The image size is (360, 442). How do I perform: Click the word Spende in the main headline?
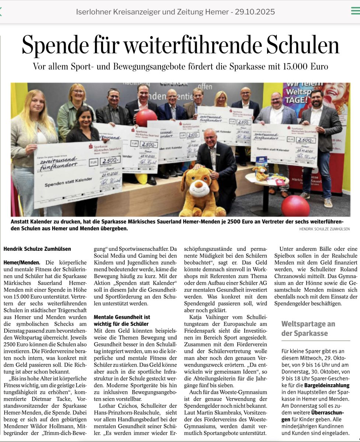tap(59, 46)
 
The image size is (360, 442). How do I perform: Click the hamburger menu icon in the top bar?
tap(355, 11)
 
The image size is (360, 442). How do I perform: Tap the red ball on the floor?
tap(296, 206)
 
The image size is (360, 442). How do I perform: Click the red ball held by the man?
tap(146, 117)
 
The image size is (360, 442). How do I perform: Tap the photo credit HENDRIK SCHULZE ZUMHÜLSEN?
tap(325, 229)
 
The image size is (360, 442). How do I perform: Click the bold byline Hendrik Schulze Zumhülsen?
tap(37, 249)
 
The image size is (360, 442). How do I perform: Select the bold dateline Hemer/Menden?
tap(22, 263)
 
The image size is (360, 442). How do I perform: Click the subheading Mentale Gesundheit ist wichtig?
tap(122, 320)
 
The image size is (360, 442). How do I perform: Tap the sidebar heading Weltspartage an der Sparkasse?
tap(308, 329)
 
